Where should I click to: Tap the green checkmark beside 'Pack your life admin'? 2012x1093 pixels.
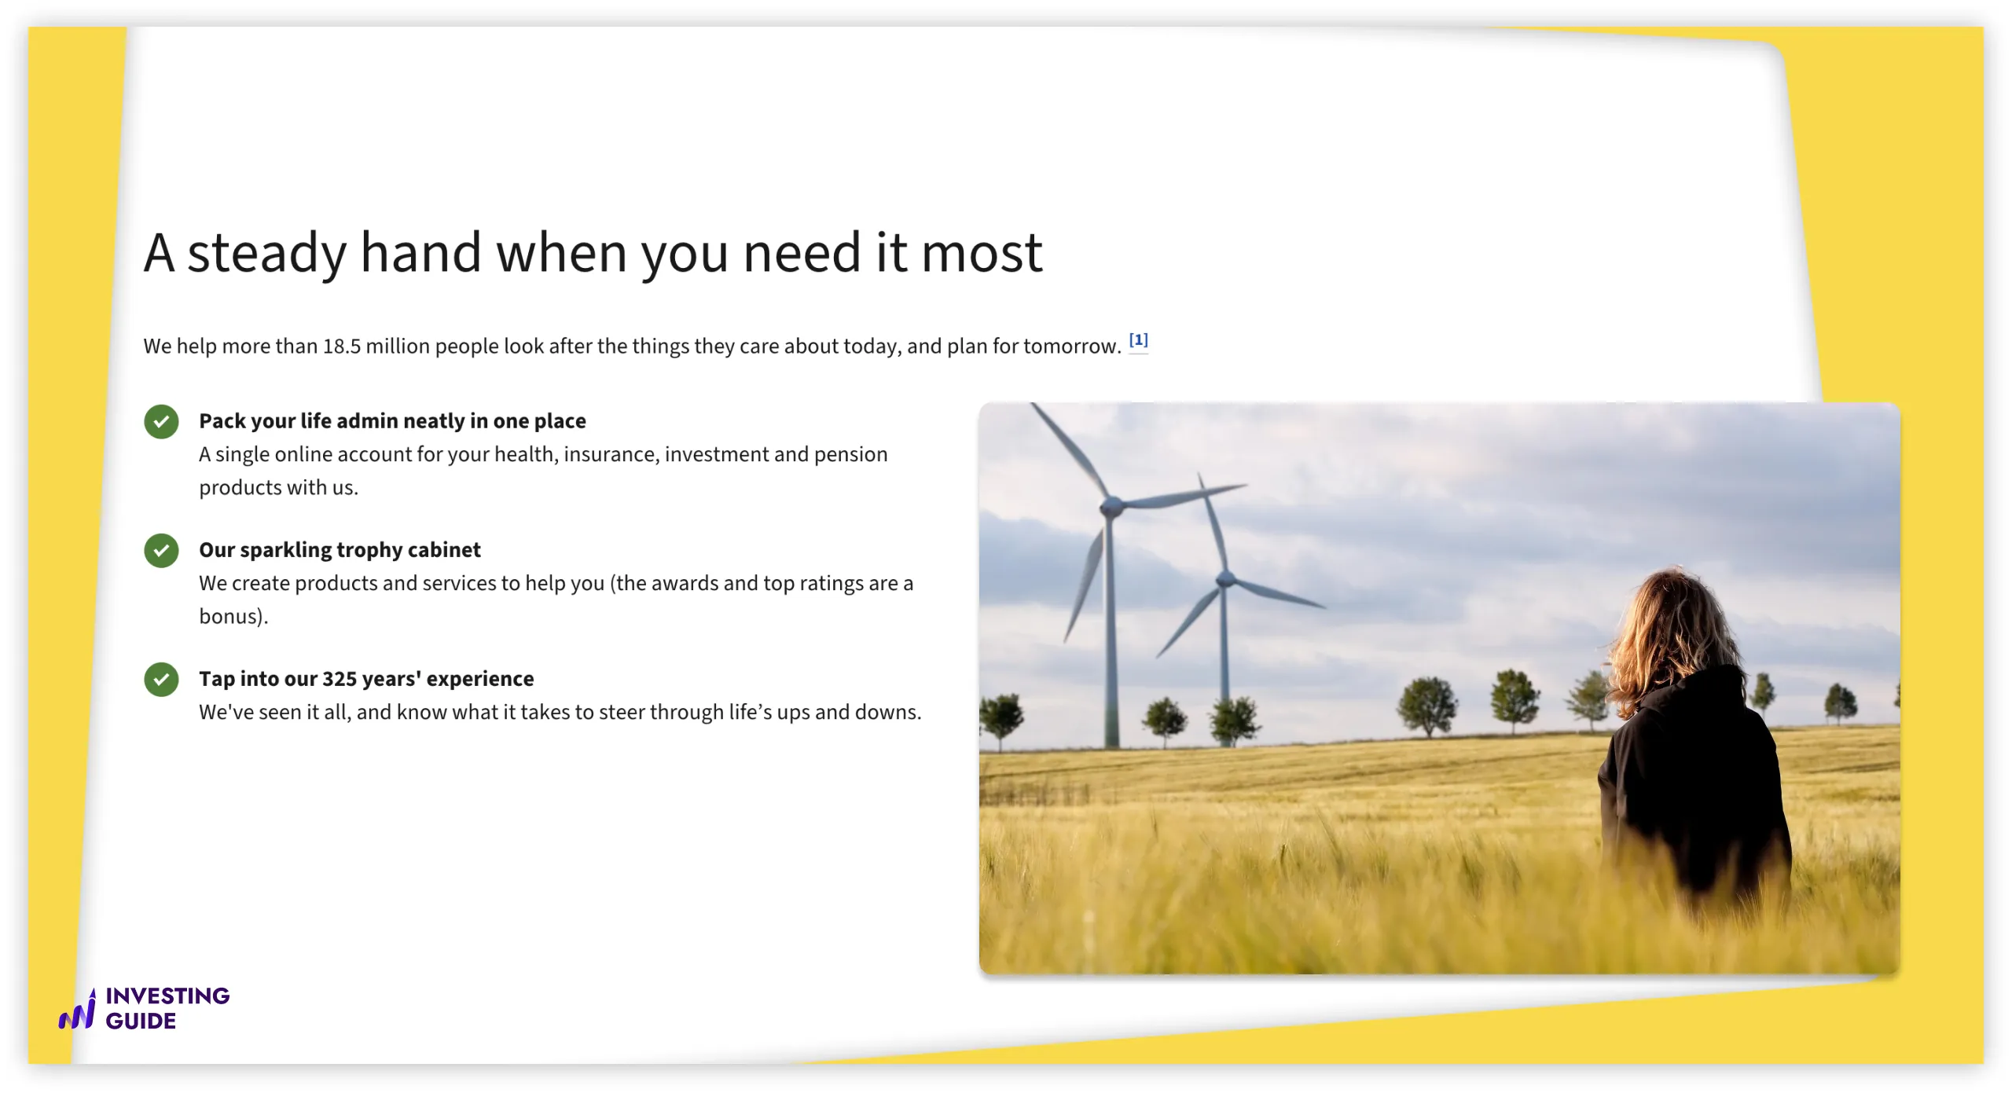click(161, 421)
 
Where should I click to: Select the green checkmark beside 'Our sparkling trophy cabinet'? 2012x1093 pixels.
click(161, 550)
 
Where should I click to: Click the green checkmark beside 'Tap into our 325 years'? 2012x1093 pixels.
click(161, 679)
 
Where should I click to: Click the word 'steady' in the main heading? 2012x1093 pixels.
click(267, 255)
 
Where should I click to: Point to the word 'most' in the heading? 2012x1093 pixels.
click(982, 254)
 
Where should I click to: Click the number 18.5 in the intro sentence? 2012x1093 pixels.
click(341, 347)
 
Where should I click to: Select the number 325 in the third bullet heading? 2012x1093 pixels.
click(340, 679)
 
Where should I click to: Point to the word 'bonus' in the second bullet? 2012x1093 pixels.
click(229, 616)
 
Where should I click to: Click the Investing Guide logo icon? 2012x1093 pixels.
click(78, 1010)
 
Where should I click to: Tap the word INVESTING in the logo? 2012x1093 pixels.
click(167, 996)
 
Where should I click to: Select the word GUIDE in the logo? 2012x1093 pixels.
click(141, 1021)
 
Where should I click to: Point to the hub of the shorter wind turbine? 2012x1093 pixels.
click(1224, 580)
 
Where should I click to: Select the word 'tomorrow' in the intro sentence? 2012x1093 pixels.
click(1074, 347)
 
